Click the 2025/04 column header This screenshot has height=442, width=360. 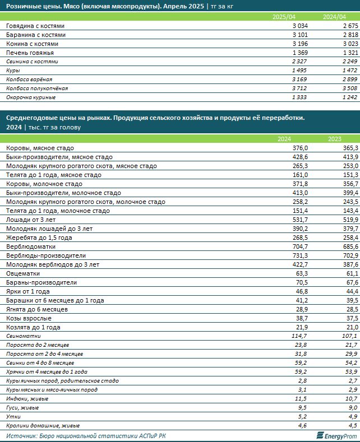[283, 17]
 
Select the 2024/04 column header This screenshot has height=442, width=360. [335, 17]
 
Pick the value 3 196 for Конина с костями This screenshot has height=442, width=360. [288, 43]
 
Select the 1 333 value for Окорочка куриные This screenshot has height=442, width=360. [288, 97]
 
